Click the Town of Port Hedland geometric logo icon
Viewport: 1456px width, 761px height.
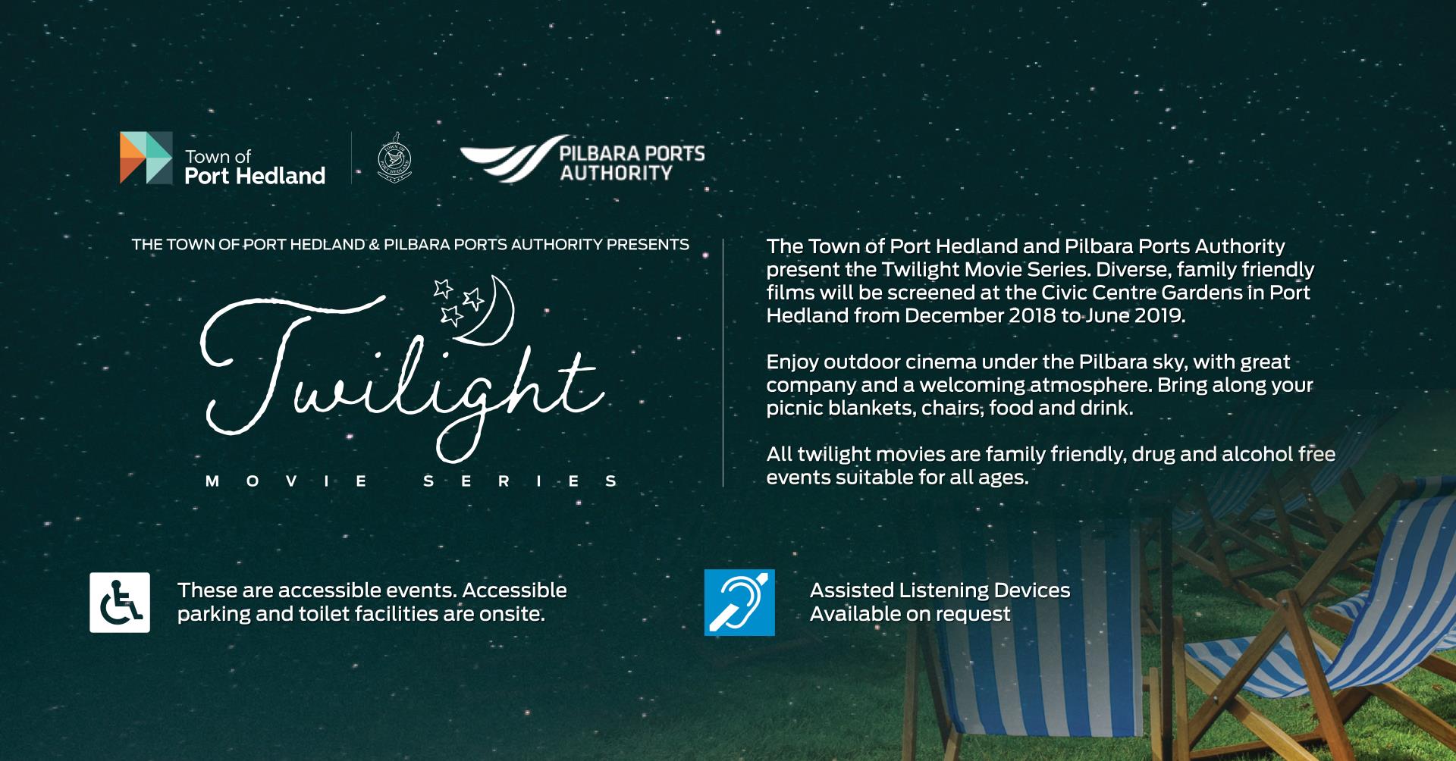[146, 158]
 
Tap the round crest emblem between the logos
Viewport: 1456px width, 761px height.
[394, 158]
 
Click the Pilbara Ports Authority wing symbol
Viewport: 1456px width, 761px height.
[507, 158]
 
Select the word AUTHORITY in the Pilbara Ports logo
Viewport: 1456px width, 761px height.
[616, 173]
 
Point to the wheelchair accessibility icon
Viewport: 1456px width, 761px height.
[120, 603]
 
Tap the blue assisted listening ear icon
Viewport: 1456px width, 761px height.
[739, 603]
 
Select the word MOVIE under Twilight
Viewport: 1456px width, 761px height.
[287, 481]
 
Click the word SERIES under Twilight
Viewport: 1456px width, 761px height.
[520, 481]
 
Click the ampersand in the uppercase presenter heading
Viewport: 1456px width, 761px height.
[373, 245]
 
